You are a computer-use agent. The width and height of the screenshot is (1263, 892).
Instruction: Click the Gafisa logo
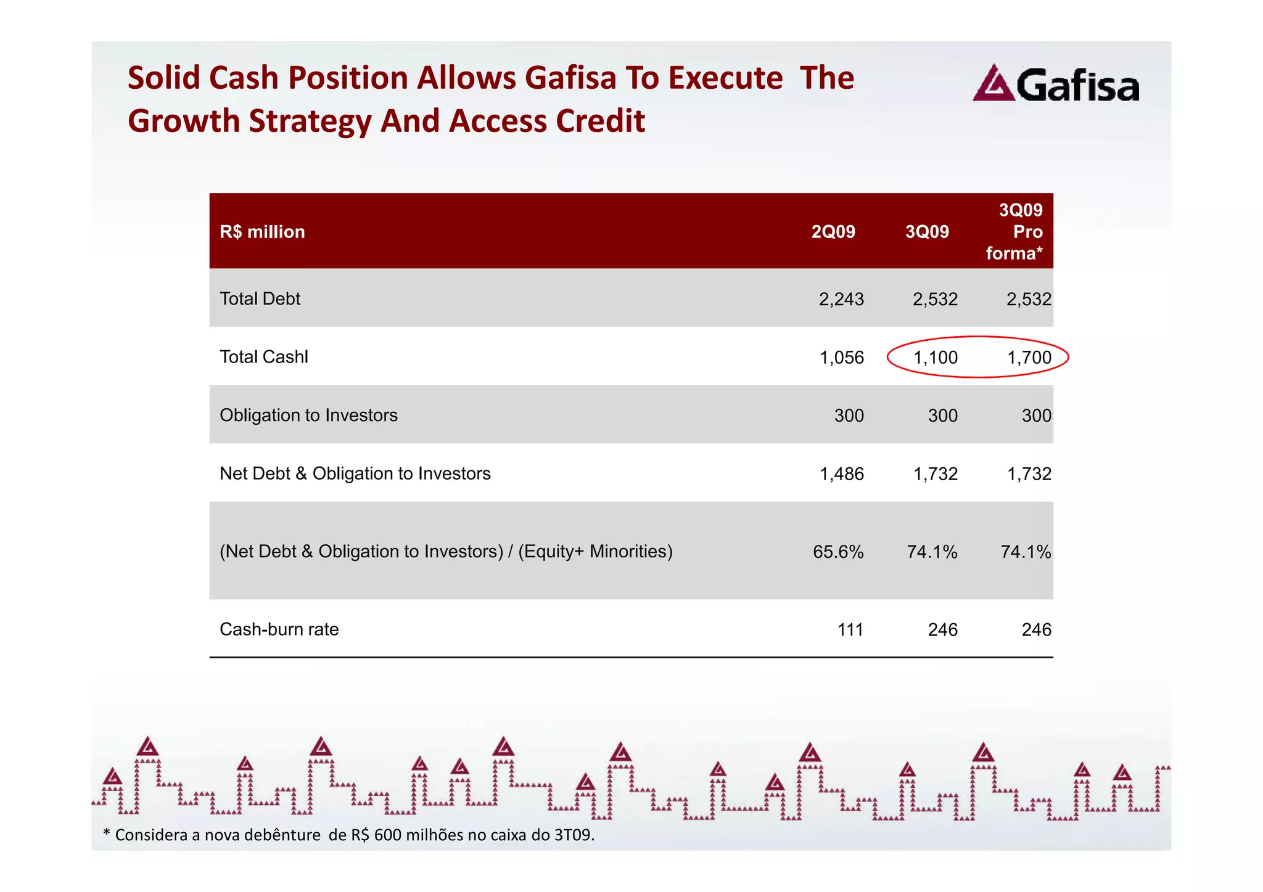(x=1056, y=84)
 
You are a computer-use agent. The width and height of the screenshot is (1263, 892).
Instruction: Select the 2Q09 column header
(x=833, y=232)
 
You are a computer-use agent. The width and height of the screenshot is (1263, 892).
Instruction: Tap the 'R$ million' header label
(x=262, y=232)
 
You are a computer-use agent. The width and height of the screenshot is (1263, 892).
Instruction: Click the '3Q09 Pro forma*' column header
(x=1014, y=232)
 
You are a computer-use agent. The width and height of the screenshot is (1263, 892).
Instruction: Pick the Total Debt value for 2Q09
(x=841, y=300)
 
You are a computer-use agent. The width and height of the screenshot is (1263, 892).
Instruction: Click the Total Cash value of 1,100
(x=935, y=358)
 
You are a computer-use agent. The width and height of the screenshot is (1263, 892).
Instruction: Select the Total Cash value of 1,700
(x=1029, y=358)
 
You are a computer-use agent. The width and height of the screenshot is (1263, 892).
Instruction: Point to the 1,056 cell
(x=841, y=358)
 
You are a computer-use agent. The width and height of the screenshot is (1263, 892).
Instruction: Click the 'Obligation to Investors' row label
(x=308, y=415)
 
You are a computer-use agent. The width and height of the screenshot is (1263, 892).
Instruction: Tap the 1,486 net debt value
(x=841, y=474)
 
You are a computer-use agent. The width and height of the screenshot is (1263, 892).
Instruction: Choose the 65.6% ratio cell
(x=838, y=552)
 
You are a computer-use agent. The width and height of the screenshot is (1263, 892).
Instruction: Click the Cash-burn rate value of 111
(x=850, y=629)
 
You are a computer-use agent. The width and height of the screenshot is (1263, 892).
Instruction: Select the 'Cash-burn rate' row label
(x=279, y=629)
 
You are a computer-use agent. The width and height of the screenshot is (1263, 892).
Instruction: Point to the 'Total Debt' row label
(x=260, y=299)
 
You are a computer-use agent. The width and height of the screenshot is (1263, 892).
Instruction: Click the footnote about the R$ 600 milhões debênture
(x=349, y=835)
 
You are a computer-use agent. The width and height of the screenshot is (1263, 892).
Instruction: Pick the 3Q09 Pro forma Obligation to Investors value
(x=1036, y=415)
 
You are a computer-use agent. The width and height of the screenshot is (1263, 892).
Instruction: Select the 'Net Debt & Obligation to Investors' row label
(x=355, y=473)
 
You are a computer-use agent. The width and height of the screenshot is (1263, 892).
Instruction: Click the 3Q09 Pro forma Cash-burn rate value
(x=1036, y=629)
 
